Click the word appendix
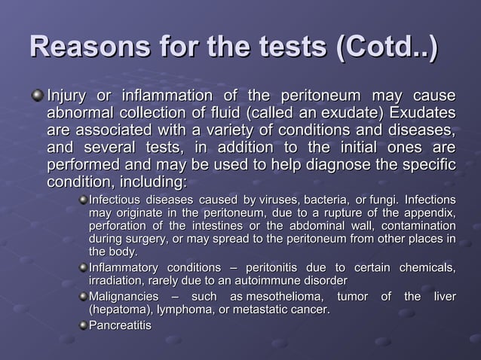tap(428, 213)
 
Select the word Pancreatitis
tap(120, 325)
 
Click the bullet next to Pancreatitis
tap(82, 325)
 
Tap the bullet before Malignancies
tap(82, 297)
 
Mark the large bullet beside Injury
tap(38, 97)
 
